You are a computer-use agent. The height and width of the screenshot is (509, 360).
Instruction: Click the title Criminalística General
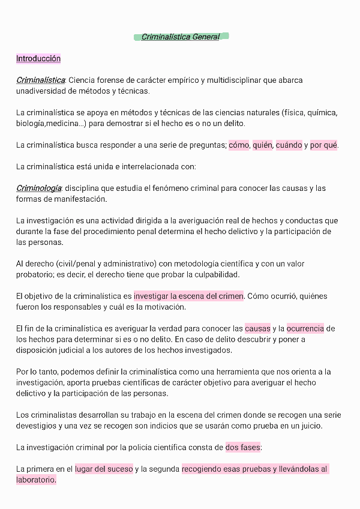[181, 37]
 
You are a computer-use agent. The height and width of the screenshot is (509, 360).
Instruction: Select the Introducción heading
[38, 59]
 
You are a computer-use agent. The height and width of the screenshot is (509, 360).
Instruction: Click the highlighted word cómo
[239, 145]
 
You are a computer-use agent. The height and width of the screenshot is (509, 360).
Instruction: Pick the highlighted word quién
[263, 145]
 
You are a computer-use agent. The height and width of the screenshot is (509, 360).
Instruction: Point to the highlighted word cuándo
[289, 145]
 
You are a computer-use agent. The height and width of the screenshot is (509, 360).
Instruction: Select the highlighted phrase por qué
[323, 145]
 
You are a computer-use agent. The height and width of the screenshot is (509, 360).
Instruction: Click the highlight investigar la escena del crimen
[188, 296]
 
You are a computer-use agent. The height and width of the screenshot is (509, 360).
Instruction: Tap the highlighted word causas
[257, 328]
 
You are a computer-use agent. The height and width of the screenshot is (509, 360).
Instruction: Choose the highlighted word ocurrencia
[305, 328]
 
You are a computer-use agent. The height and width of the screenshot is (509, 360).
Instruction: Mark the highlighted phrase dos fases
[243, 447]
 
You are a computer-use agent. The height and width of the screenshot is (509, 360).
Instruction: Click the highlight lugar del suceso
[104, 469]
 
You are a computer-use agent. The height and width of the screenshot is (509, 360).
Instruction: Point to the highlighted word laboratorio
[36, 480]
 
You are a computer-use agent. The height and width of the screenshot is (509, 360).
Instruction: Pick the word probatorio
[36, 275]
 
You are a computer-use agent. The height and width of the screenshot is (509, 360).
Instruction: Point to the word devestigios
[37, 426]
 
